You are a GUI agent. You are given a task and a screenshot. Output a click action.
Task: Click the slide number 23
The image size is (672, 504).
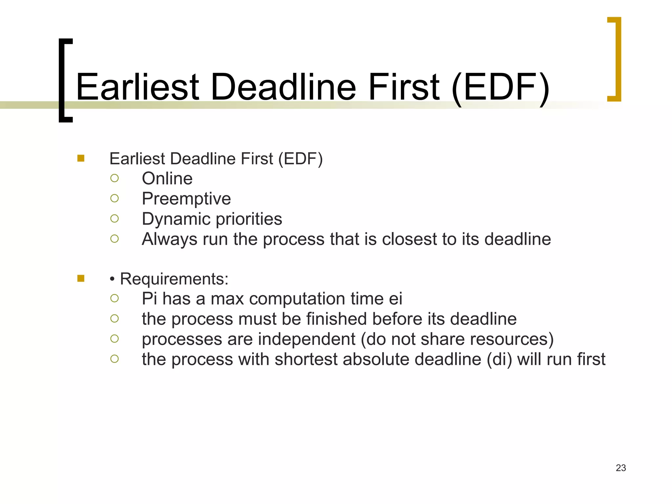pos(620,468)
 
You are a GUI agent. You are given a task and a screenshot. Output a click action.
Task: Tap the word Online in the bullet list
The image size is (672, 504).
pos(167,179)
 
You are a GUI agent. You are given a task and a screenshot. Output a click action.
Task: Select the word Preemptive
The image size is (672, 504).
pos(186,199)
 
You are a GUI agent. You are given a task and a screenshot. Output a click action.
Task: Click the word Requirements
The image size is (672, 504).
pos(174,279)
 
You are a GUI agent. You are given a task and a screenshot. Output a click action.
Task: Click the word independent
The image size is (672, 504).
pos(306,339)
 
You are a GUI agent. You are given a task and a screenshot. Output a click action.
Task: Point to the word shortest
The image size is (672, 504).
pos(306,359)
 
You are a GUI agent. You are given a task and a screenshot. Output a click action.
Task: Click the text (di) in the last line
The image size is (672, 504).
pos(499,360)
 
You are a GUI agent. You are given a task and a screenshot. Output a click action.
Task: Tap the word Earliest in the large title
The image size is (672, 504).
pos(137,87)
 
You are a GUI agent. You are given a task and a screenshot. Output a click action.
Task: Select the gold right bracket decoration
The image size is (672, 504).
pos(617,59)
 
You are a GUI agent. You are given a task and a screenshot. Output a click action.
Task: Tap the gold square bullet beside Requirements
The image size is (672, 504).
pos(81,279)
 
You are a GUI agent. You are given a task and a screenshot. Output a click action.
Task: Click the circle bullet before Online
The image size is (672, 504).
pos(114,178)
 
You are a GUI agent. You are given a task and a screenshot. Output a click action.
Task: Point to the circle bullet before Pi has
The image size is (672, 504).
pos(114,298)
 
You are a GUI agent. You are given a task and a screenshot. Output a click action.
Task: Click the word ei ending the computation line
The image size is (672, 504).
pos(395,299)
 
